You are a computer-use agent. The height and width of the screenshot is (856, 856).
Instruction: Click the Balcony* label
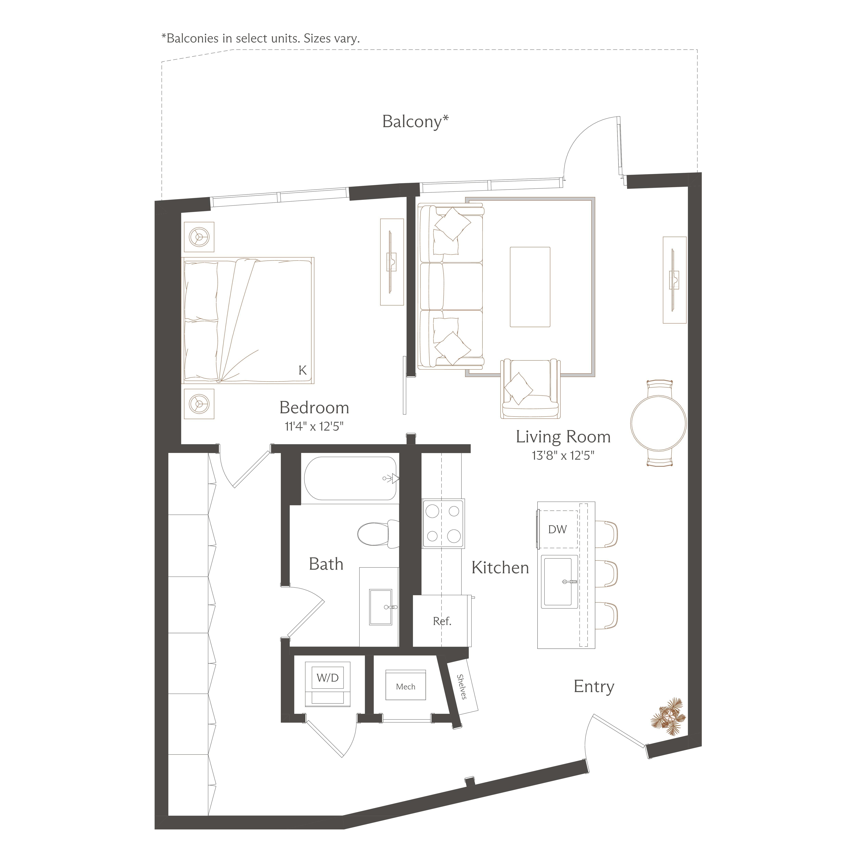click(x=415, y=121)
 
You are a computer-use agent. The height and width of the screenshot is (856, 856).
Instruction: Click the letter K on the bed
click(x=303, y=370)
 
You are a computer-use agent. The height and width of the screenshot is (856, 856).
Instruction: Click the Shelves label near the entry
click(x=462, y=687)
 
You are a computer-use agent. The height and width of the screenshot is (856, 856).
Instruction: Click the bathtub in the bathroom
click(x=350, y=478)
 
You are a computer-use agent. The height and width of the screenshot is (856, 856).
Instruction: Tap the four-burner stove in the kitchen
click(x=443, y=524)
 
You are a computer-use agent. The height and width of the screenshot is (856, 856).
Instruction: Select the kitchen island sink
click(x=560, y=581)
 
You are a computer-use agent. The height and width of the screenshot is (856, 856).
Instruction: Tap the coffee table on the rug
click(x=530, y=287)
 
